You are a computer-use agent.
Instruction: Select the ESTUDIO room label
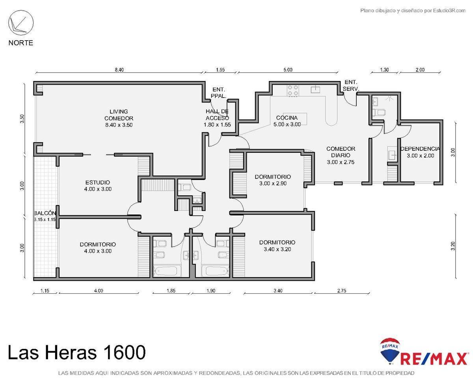click(x=98, y=185)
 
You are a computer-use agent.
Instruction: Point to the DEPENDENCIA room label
click(x=420, y=152)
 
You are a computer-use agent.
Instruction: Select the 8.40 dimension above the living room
click(x=119, y=70)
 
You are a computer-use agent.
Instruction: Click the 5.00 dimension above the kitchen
click(x=288, y=70)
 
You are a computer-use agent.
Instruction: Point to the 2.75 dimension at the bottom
click(x=342, y=291)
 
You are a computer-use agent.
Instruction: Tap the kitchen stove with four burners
click(x=292, y=91)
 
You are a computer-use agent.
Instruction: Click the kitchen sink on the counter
click(x=316, y=90)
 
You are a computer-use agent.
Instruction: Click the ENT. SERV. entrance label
click(x=351, y=85)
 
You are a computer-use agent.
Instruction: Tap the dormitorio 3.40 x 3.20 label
click(x=277, y=246)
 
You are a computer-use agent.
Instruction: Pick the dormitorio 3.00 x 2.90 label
click(x=273, y=180)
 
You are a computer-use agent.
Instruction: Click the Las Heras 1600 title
click(x=76, y=352)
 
